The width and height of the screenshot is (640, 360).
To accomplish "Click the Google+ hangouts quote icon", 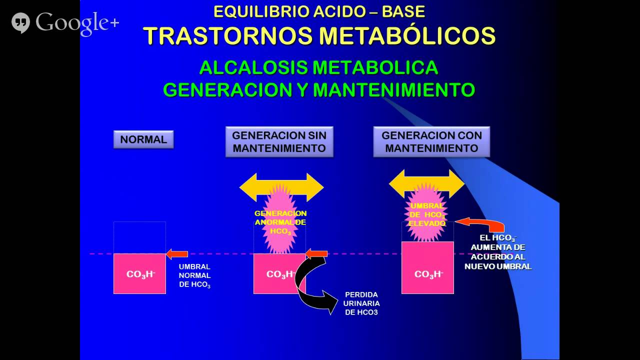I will (20, 22).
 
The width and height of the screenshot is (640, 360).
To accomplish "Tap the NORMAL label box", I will (143, 139).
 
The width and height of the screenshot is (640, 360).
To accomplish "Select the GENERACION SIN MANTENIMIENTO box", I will (279, 141).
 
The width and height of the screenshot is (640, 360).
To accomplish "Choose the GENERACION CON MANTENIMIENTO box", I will (431, 141).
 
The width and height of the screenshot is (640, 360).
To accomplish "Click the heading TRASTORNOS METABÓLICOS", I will (319, 35).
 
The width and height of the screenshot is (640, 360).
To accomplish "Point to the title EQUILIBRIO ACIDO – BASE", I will (319, 11).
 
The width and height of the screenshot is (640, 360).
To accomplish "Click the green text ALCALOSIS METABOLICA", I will (318, 67).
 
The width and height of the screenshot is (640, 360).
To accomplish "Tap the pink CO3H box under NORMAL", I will (140, 273).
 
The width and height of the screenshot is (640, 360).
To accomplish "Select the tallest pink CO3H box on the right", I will (428, 267).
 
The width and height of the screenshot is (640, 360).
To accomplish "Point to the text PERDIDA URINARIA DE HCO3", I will (361, 303).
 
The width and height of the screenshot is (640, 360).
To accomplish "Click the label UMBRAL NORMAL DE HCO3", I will (194, 275).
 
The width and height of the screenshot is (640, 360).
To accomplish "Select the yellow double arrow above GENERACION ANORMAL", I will (281, 187).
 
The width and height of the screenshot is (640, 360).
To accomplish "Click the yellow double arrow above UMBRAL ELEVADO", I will (427, 184).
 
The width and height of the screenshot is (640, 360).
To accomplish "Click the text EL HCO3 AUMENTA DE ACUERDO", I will (498, 252).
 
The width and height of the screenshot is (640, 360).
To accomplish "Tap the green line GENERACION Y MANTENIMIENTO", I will (318, 89).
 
